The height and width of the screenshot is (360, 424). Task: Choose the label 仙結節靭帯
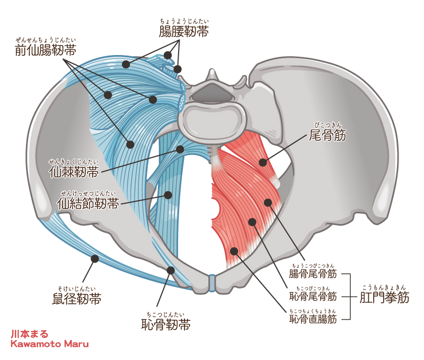click(x=88, y=204)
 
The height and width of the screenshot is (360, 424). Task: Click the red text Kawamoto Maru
click(x=50, y=344)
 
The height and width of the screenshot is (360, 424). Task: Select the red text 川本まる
click(x=29, y=335)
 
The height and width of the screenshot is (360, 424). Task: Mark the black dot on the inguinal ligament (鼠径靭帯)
click(x=95, y=258)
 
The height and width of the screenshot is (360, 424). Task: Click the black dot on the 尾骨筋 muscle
click(x=263, y=162)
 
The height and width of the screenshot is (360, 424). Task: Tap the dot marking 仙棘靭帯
click(x=180, y=149)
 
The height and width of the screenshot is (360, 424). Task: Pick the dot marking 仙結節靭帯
click(x=169, y=195)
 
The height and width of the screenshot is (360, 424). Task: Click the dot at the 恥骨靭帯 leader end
click(x=171, y=270)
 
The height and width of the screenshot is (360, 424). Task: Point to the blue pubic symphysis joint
click(x=212, y=283)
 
